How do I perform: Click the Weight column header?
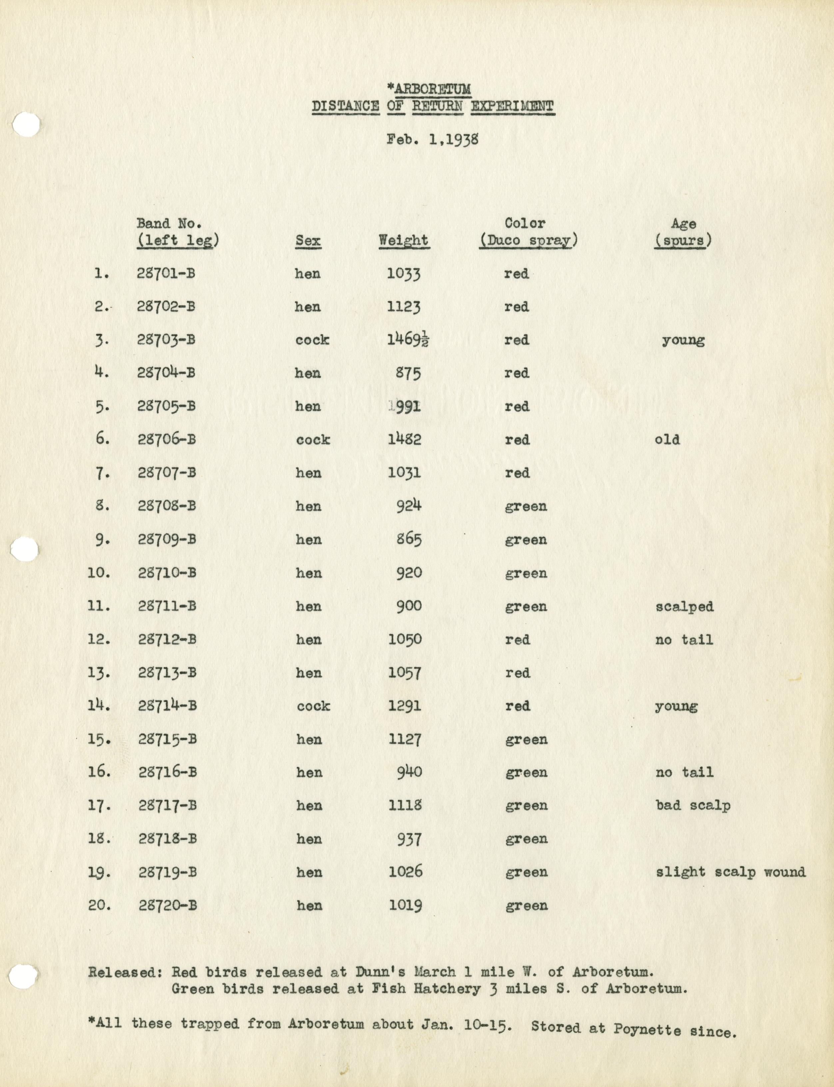[x=403, y=240]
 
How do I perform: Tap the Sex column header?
[x=308, y=241]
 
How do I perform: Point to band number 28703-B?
[x=166, y=340]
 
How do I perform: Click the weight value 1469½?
[x=408, y=340]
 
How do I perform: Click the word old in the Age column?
[x=667, y=440]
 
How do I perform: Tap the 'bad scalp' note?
[x=692, y=805]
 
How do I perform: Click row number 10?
[x=99, y=573]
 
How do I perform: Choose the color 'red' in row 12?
[x=517, y=640]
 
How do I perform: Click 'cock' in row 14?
[x=313, y=706]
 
